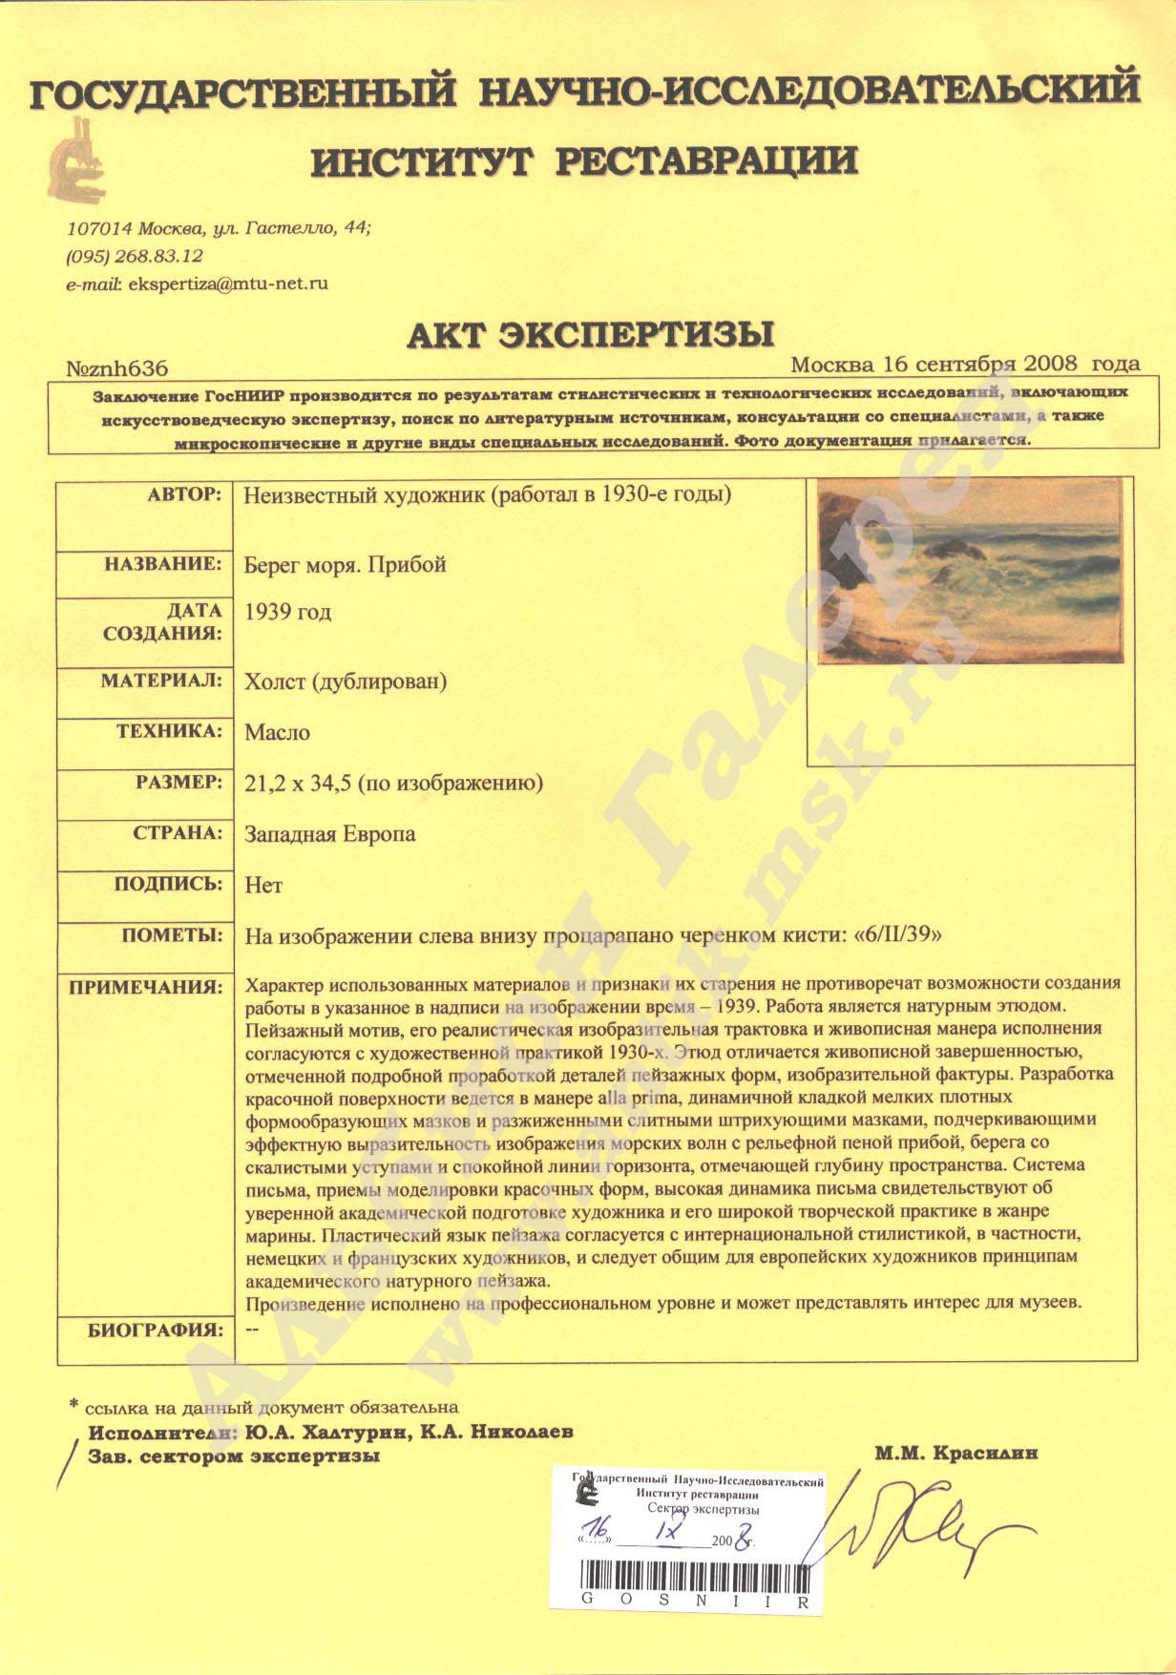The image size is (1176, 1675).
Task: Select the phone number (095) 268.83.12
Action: click(135, 256)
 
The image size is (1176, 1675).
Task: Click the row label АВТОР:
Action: click(184, 495)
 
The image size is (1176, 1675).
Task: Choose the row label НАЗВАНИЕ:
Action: click(162, 564)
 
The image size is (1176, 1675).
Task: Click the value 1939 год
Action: click(288, 612)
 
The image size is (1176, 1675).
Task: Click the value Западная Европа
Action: click(330, 834)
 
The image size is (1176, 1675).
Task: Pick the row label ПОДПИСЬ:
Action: click(168, 884)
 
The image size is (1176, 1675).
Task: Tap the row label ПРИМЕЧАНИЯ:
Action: click(145, 986)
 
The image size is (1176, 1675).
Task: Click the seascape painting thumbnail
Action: click(970, 571)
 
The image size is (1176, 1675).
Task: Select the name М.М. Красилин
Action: click(955, 1454)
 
